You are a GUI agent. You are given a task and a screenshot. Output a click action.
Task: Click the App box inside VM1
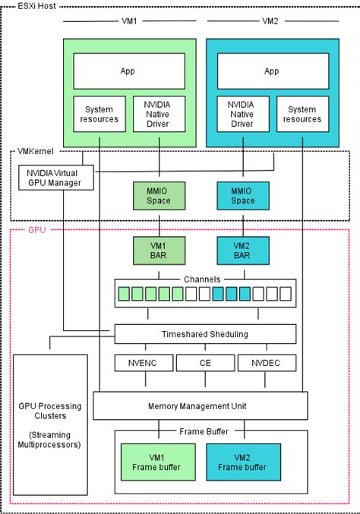coord(128,71)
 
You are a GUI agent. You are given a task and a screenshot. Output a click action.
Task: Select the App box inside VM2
coord(272,71)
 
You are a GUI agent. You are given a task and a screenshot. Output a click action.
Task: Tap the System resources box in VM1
coord(99,113)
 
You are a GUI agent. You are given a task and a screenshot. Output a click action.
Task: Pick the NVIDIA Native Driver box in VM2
coord(243,113)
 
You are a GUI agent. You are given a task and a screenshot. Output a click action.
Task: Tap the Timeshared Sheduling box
coord(204,334)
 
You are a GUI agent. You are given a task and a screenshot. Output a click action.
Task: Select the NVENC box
coord(141,364)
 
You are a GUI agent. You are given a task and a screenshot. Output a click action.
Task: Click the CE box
coord(205,364)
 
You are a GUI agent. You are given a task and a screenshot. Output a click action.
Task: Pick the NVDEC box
coord(267,364)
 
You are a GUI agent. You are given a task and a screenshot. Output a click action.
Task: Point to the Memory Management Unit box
coord(201,405)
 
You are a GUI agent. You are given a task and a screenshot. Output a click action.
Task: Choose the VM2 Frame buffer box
coord(243,462)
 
